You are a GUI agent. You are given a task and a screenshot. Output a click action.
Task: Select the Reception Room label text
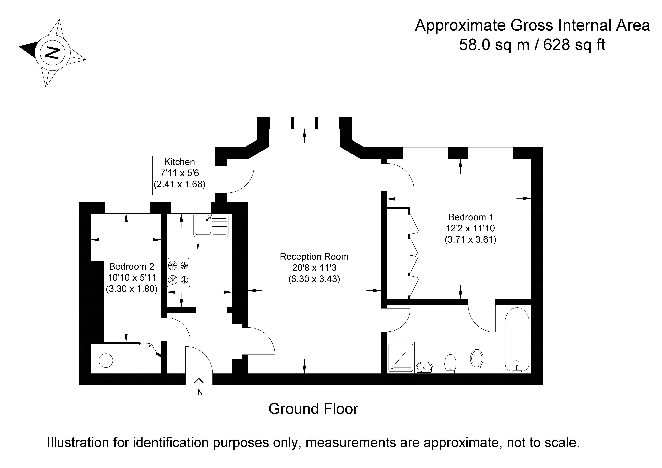coord(314,257)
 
